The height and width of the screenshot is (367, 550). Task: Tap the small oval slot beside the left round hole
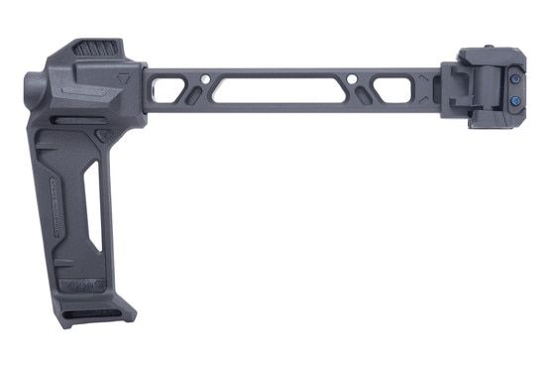tap(194, 95)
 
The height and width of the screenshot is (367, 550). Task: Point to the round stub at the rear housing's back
tap(33, 90)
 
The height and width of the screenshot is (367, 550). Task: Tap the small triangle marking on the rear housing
tap(119, 74)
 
